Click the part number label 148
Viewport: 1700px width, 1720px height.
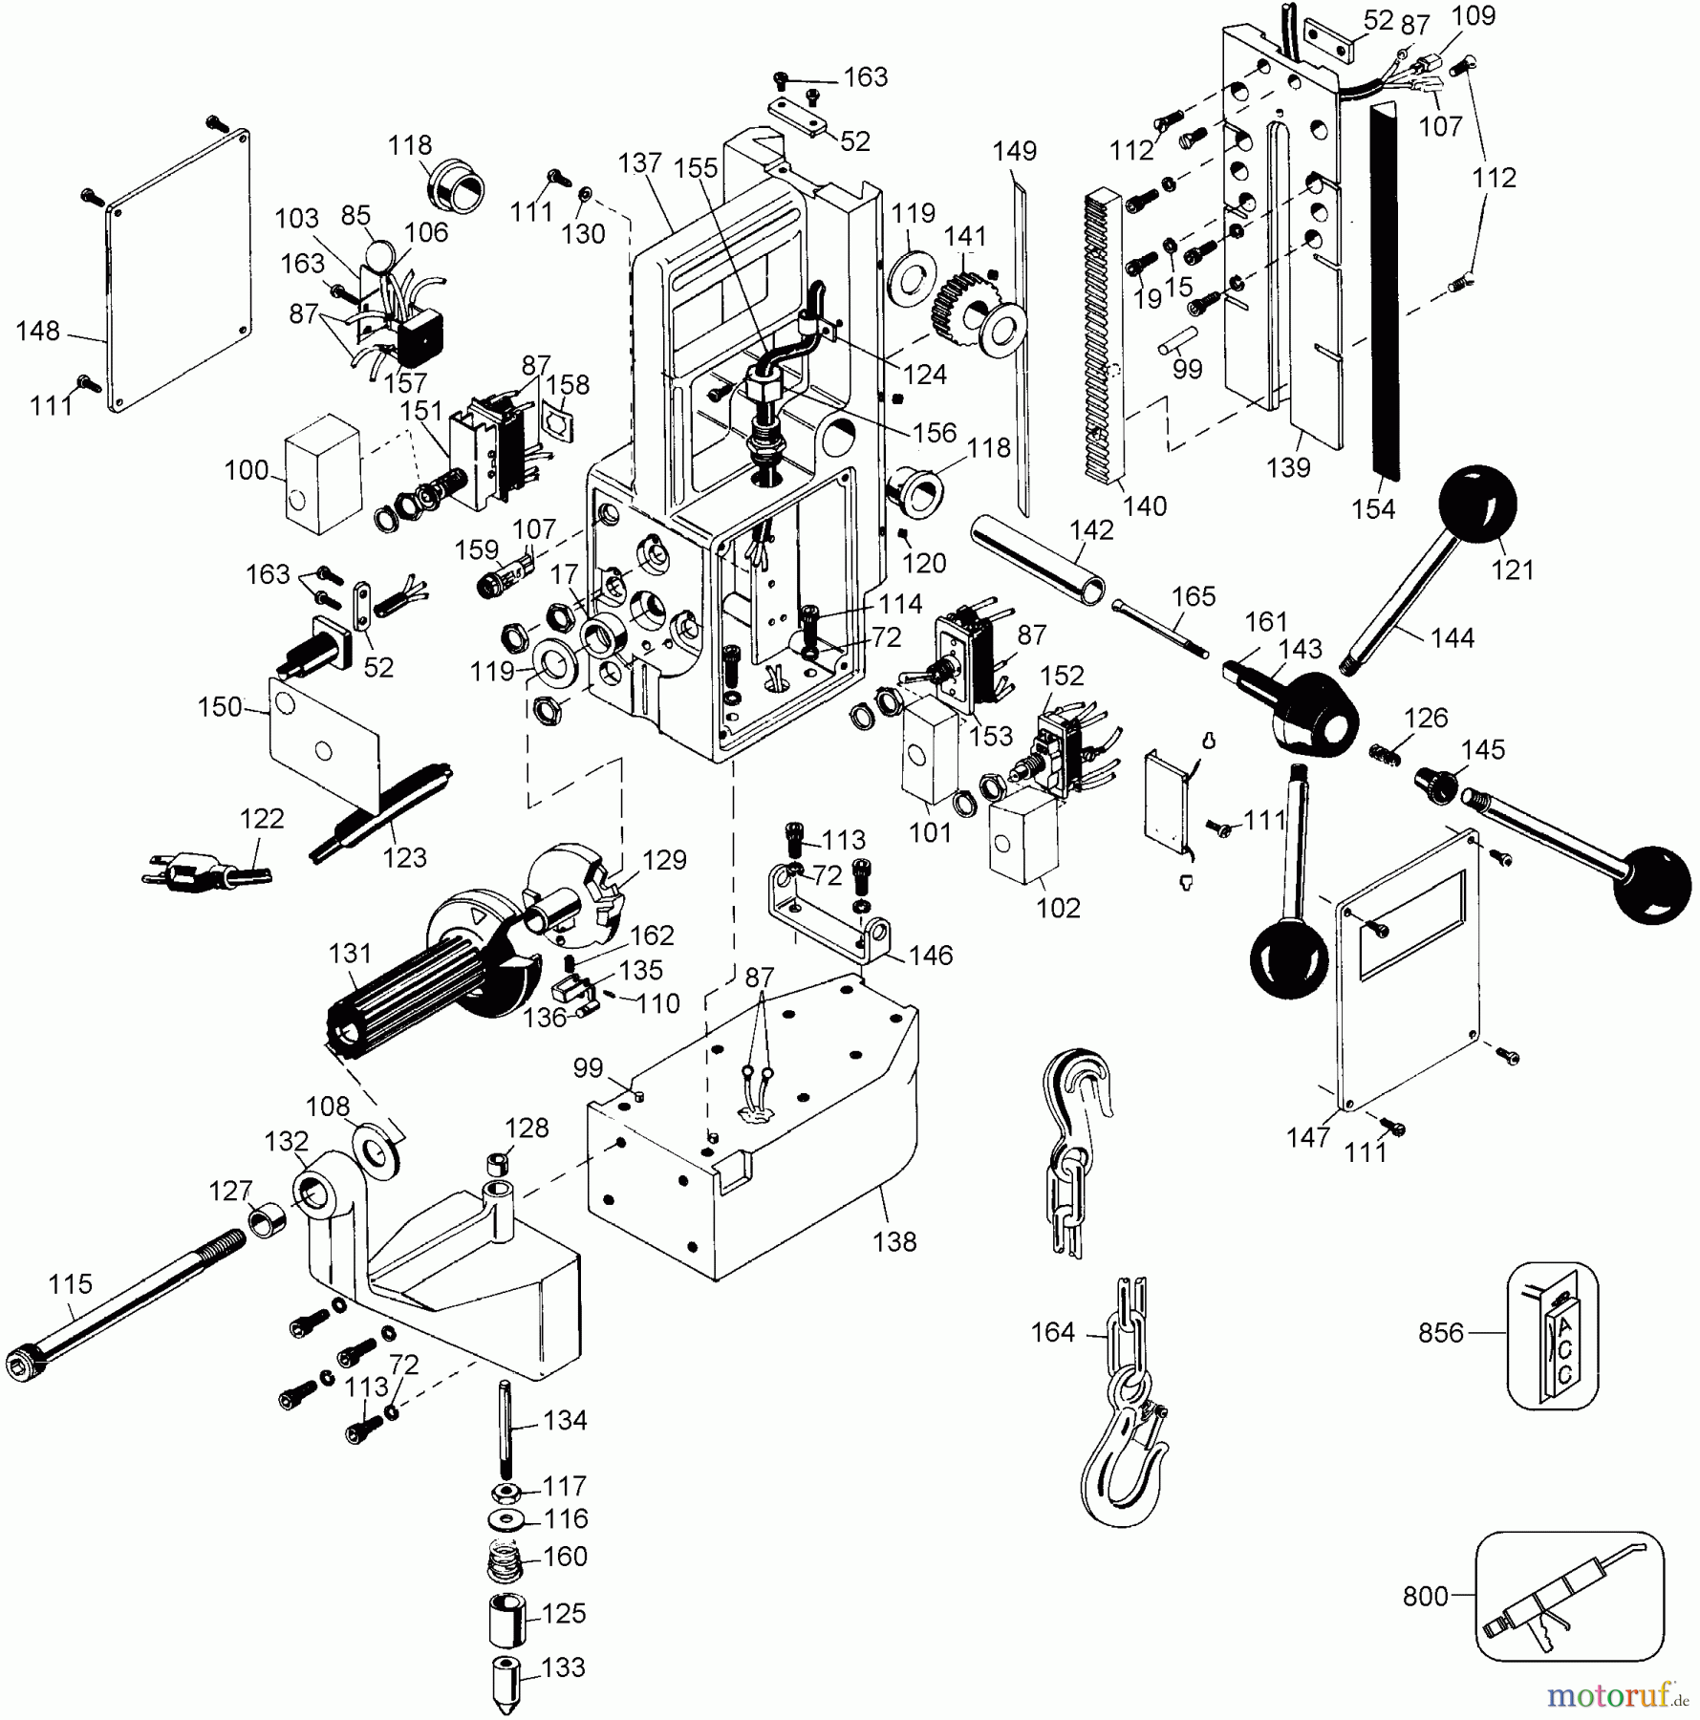click(x=38, y=331)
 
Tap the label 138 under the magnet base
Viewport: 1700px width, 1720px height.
click(x=895, y=1241)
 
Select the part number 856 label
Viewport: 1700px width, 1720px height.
click(x=1441, y=1332)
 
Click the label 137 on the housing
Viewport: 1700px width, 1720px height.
click(x=639, y=163)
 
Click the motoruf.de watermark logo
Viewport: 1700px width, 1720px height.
click(x=1616, y=1695)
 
